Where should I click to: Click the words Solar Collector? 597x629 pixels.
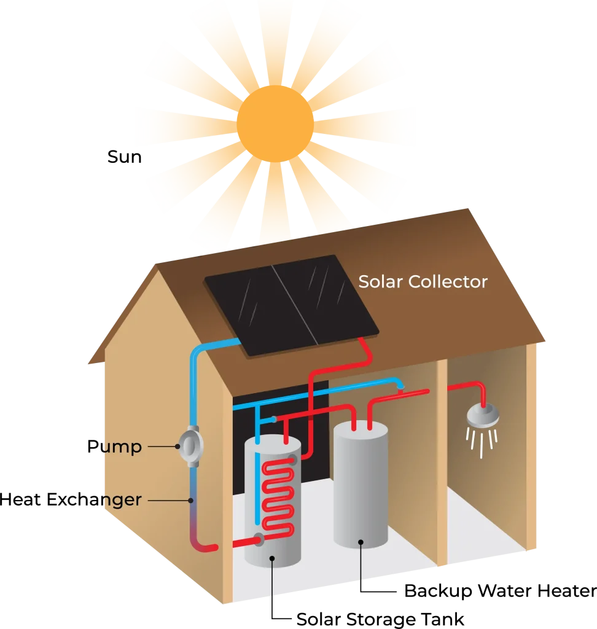point(423,282)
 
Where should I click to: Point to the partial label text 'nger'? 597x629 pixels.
point(122,500)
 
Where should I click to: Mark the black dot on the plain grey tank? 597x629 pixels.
point(361,542)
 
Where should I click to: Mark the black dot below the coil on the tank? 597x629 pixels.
point(272,558)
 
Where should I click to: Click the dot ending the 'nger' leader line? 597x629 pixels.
point(191,501)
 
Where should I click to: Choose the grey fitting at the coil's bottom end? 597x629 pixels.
point(259,540)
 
